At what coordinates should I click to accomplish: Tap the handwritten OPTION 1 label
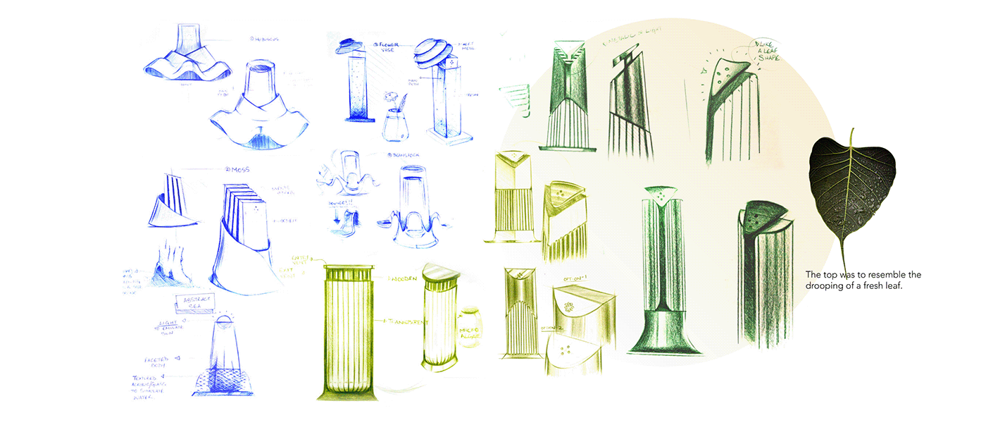pyautogui.click(x=575, y=281)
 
